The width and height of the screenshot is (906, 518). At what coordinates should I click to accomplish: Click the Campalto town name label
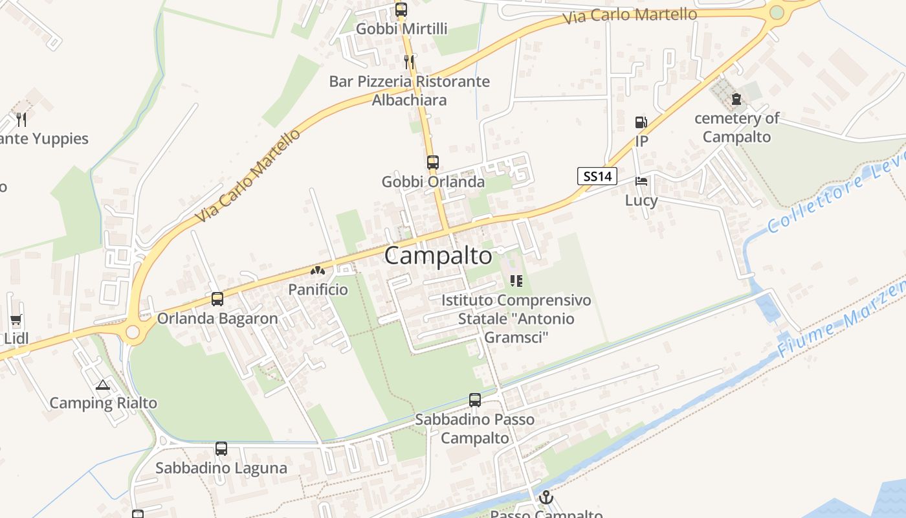pyautogui.click(x=438, y=256)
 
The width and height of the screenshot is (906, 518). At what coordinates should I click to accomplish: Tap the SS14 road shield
pyautogui.click(x=597, y=175)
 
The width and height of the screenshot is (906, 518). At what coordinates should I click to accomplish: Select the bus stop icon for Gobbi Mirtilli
pyautogui.click(x=401, y=10)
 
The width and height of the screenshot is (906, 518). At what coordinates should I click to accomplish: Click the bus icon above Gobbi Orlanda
pyautogui.click(x=432, y=163)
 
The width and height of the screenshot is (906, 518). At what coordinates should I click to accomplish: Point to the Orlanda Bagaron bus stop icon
pyautogui.click(x=217, y=299)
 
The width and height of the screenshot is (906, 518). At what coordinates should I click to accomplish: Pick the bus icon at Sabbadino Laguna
pyautogui.click(x=221, y=449)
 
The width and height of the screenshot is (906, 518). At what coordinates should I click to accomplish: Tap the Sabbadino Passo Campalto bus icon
pyautogui.click(x=475, y=400)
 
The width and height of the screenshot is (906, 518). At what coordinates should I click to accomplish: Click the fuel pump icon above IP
pyautogui.click(x=641, y=122)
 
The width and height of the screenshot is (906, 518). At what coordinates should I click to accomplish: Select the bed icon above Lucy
pyautogui.click(x=641, y=181)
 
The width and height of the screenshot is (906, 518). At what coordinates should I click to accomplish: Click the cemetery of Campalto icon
pyautogui.click(x=736, y=99)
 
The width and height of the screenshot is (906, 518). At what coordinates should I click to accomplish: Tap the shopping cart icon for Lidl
pyautogui.click(x=16, y=319)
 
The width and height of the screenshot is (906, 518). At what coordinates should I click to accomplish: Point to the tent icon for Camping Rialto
pyautogui.click(x=102, y=385)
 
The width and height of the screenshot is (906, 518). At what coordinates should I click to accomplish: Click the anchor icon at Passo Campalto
pyautogui.click(x=547, y=498)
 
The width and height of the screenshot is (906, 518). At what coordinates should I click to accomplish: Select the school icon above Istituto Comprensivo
pyautogui.click(x=516, y=281)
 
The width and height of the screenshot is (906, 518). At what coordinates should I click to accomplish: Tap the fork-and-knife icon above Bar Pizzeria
pyautogui.click(x=408, y=62)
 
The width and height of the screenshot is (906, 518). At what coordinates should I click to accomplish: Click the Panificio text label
pyautogui.click(x=318, y=289)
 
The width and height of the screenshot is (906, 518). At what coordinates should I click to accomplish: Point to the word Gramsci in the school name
pyautogui.click(x=516, y=337)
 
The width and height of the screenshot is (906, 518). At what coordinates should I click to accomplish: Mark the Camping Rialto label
pyautogui.click(x=104, y=403)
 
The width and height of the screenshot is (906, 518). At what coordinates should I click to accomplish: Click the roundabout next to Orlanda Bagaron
pyautogui.click(x=133, y=332)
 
